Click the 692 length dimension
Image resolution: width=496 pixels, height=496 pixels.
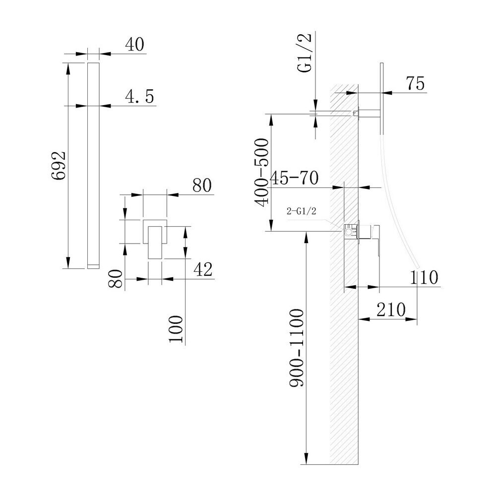pos(59,166)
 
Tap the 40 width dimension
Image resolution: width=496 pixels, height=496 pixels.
pos(134,44)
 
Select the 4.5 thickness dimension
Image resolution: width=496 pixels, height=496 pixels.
pos(139,97)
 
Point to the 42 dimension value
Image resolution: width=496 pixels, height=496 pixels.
pos(203,269)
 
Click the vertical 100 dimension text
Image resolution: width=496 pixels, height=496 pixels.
pos(176,329)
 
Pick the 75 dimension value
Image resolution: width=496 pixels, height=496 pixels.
pos(415,84)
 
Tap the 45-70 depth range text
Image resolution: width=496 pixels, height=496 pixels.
pos(295,178)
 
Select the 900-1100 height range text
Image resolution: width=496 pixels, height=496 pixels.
pos(297,348)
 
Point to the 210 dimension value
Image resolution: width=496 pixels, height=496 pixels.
pos(391,310)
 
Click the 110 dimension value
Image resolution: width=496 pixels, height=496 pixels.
pos(424,277)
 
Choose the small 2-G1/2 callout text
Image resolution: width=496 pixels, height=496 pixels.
pos(301,211)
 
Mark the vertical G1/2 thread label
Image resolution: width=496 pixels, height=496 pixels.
pos(305,53)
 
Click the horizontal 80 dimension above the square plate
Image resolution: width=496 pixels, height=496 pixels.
pos(202,186)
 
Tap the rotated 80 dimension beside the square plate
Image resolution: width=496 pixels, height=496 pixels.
pos(115,278)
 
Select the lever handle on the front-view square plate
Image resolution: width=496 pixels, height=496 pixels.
pos(155,243)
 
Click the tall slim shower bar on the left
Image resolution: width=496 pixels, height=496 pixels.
pos(93,166)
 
